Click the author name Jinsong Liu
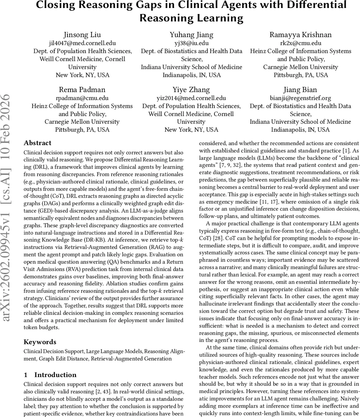82,35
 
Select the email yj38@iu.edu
191,43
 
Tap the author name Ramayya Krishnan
300,35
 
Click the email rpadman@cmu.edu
82,98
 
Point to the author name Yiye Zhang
191,90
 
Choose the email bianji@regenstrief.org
300,98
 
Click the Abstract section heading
37,143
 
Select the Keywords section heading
40,342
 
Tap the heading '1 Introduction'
50,375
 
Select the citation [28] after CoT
220,238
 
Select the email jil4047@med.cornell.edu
82,43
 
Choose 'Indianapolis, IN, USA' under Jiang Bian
300,130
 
